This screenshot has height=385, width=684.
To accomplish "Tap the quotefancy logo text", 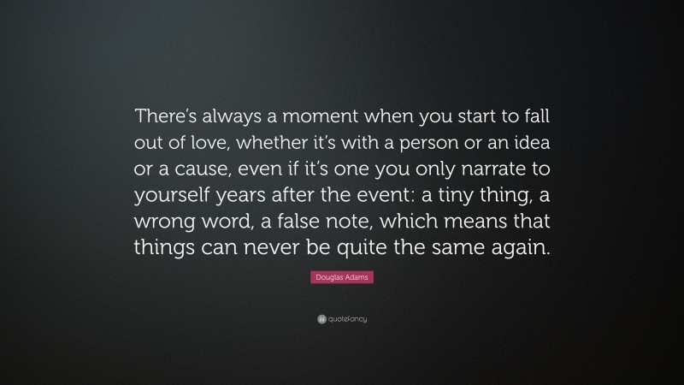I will point(345,319).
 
